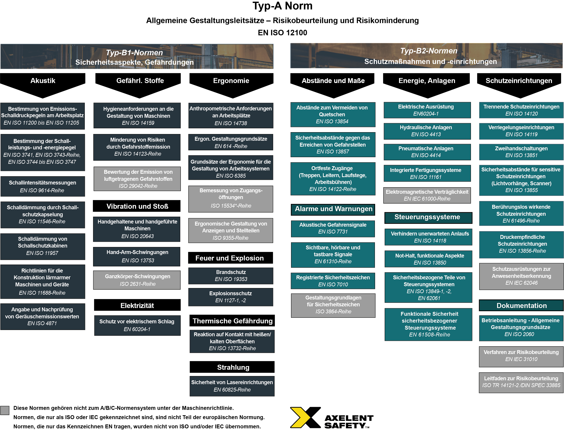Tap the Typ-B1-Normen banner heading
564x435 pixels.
click(134, 53)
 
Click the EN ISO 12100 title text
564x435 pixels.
click(283, 33)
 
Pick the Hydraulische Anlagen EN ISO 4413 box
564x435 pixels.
click(427, 131)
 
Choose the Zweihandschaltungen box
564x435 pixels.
click(521, 152)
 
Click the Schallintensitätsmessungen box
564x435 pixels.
click(43, 186)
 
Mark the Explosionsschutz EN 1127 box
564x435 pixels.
click(231, 297)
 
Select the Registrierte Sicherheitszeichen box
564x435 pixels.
click(333, 281)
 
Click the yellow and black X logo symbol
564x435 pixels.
click(305, 417)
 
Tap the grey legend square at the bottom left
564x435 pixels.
click(5, 410)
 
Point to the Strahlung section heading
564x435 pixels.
click(232, 367)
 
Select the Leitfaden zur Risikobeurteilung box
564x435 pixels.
click(521, 382)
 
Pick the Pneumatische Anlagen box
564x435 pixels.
click(427, 152)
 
